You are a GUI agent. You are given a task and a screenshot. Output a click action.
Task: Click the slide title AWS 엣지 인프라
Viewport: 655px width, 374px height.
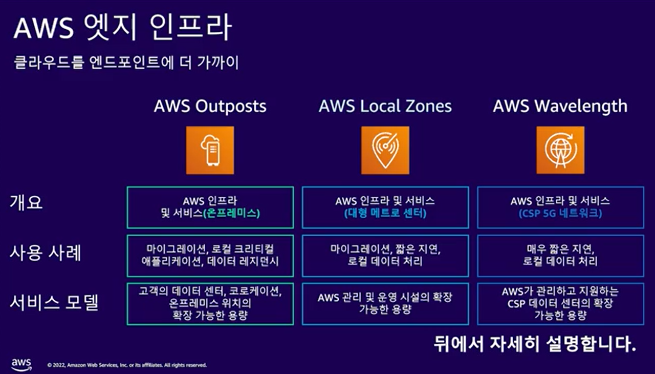pos(123,29)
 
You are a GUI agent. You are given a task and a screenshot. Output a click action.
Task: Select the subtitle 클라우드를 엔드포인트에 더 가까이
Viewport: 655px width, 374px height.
pos(126,64)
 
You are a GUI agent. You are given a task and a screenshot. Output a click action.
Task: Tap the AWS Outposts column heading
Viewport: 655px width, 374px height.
pos(210,106)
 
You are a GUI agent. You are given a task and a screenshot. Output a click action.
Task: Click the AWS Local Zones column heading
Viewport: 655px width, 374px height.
pos(385,106)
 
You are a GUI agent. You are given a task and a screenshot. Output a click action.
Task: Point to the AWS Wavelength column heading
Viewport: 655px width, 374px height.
pos(560,106)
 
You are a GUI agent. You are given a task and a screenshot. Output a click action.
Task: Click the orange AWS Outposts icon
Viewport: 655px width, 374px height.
pos(210,150)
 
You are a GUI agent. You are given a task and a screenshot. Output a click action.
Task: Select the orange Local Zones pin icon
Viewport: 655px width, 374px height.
pos(385,150)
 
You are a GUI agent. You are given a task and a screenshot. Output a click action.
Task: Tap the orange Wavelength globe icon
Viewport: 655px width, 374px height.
pos(560,150)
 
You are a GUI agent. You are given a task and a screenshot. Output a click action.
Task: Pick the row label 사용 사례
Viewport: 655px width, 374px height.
pos(46,253)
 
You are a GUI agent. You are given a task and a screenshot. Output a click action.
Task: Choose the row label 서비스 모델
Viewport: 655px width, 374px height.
pos(54,303)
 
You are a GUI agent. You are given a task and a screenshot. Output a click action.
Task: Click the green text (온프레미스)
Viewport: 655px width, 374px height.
pos(231,214)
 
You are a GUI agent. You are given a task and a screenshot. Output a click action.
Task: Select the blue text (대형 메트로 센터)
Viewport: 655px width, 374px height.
pos(385,214)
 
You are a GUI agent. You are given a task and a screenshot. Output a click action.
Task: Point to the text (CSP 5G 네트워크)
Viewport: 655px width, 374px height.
pos(560,214)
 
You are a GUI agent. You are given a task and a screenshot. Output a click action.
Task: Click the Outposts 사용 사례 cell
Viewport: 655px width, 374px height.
pos(210,256)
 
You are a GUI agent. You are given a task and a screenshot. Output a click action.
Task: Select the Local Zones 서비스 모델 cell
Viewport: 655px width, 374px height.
pos(385,304)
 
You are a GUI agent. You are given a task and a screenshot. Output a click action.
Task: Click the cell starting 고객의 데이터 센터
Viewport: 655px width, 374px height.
pos(210,304)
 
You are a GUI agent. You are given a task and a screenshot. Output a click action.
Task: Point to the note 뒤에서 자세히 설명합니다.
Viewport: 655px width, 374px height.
pos(535,344)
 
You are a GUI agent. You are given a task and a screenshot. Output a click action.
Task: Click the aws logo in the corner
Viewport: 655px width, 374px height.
pos(21,364)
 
